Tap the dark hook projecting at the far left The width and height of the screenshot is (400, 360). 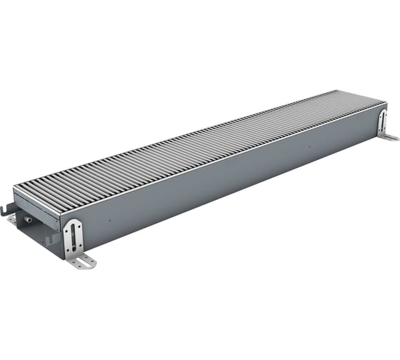pos(6,209)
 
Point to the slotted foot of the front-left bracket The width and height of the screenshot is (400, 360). pos(83,262)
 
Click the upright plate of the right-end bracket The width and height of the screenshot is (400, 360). pos(383,121)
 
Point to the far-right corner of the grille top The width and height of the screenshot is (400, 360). pos(386,104)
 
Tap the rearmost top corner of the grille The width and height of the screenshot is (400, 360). pos(336,91)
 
